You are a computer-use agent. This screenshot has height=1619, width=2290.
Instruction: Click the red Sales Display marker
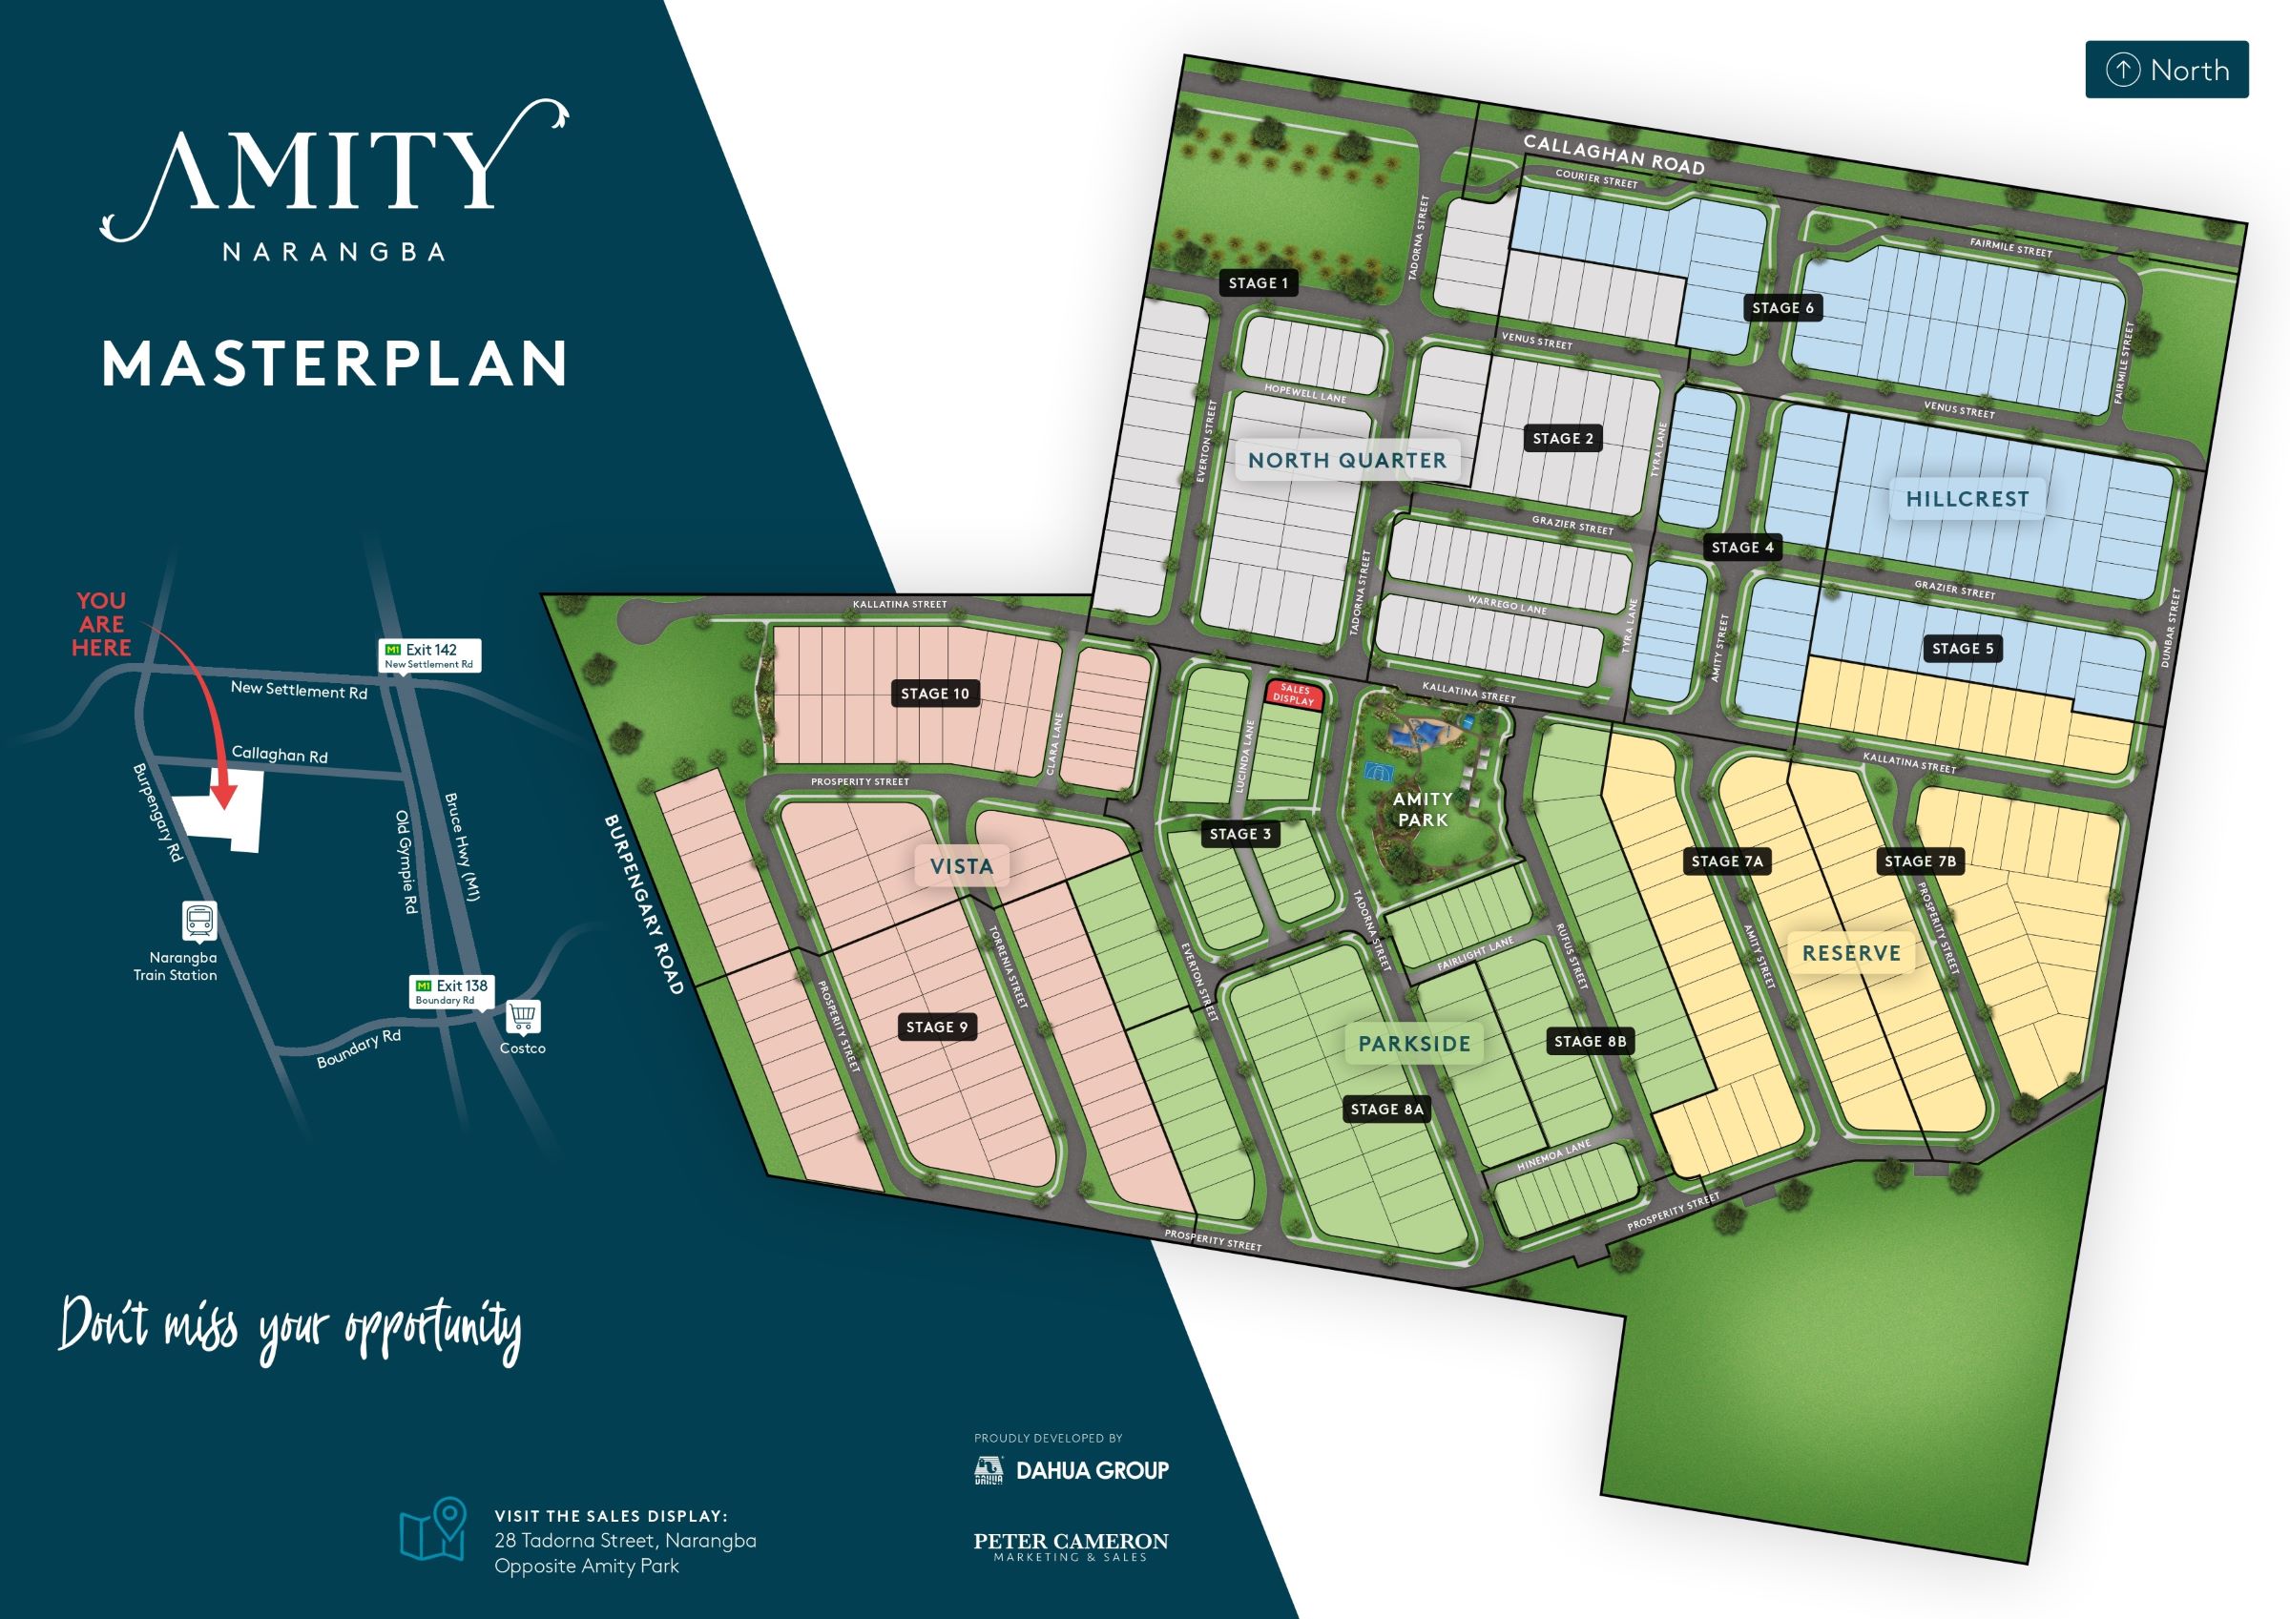1294,695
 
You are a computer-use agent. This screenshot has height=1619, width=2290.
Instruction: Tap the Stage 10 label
934,694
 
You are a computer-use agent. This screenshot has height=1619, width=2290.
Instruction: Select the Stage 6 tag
1782,308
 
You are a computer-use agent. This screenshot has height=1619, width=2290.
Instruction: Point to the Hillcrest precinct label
1967,499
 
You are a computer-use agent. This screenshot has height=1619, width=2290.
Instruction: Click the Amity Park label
1423,809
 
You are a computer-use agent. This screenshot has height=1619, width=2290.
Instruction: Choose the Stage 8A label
1386,1110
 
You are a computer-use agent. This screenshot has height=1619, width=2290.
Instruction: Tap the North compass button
2166,70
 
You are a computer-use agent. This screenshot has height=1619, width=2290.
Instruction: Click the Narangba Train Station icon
199,921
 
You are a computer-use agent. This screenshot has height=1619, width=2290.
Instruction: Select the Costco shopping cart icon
524,1018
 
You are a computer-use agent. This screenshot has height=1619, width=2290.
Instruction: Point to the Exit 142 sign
431,655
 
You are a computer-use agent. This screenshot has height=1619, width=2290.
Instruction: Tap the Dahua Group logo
1072,1470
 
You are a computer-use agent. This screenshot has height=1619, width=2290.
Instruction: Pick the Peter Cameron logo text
1071,1546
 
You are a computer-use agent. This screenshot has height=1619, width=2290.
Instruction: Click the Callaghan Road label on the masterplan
1613,156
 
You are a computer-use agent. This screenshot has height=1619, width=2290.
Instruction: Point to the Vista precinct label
962,867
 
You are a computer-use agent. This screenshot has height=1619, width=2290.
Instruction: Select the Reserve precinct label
1851,953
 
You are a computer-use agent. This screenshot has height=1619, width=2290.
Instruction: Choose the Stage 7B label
1919,861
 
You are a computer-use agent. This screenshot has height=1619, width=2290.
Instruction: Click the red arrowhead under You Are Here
225,795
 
